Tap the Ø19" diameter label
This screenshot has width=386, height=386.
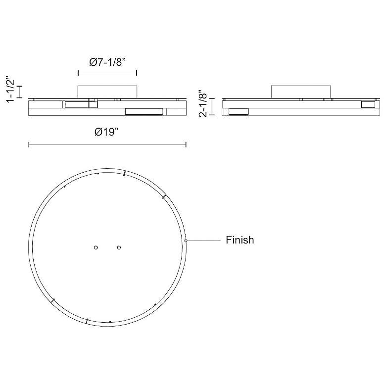107,132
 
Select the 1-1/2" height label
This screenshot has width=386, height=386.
9,90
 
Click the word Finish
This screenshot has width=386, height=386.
240,240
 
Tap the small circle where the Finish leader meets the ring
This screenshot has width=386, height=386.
186,241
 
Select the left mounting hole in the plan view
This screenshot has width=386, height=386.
96,247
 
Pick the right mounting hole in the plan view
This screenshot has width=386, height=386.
119,247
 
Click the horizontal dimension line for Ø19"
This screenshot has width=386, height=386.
107,145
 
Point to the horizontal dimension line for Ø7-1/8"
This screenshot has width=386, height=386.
107,73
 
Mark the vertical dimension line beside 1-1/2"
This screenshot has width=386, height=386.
20,92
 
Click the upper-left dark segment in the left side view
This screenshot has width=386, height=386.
75,104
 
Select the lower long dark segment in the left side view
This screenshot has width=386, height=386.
144,112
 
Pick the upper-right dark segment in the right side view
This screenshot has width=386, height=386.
369,104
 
